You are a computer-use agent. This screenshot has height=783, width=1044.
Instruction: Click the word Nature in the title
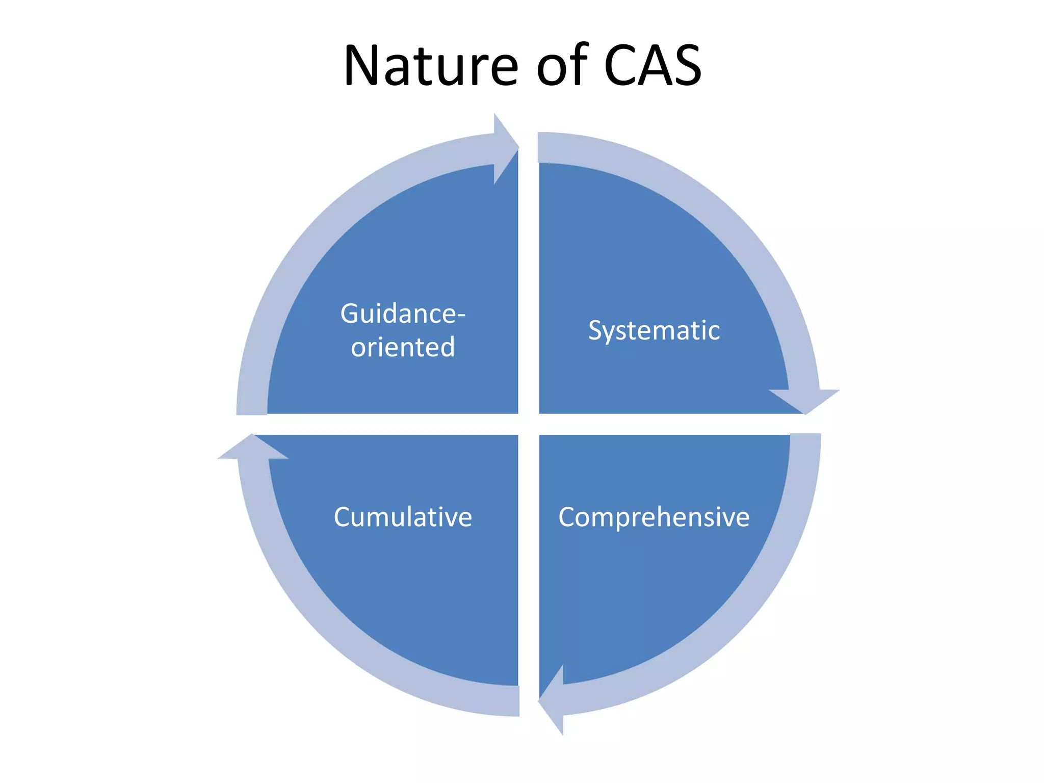pyautogui.click(x=431, y=66)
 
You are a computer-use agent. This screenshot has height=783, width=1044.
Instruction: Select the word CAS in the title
pyautogui.click(x=652, y=66)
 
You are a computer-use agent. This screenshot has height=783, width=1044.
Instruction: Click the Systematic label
pyautogui.click(x=654, y=330)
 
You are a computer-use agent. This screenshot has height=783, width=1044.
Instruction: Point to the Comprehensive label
pyautogui.click(x=654, y=517)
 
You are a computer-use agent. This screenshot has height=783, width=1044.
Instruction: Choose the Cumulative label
pyautogui.click(x=403, y=517)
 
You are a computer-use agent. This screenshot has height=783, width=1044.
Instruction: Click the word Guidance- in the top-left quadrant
pyautogui.click(x=403, y=314)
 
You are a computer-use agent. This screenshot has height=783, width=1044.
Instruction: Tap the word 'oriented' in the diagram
pyautogui.click(x=403, y=347)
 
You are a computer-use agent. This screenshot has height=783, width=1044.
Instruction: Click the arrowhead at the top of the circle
pyautogui.click(x=505, y=148)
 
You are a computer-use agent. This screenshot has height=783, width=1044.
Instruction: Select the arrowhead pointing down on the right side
pyautogui.click(x=805, y=400)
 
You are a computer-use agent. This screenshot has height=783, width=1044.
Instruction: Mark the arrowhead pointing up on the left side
pyautogui.click(x=252, y=448)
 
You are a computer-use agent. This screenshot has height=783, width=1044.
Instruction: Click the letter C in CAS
pyautogui.click(x=623, y=66)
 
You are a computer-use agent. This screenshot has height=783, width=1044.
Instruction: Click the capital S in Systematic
pyautogui.click(x=596, y=330)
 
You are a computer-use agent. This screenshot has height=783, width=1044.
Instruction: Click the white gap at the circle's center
pyautogui.click(x=529, y=424)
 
